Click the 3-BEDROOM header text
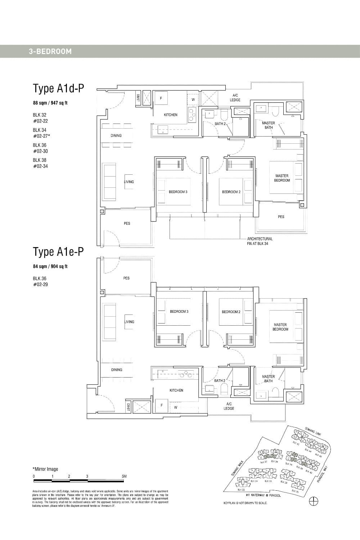pos(50,52)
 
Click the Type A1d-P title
pos(58,88)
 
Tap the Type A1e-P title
pos(58,252)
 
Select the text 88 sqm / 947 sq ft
pos(50,103)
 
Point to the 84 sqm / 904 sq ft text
pos(50,267)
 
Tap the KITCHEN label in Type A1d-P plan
pos(171,115)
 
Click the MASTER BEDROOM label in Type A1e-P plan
pos(280,327)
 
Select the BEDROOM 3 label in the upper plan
pos(178,192)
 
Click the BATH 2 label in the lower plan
pos(220,380)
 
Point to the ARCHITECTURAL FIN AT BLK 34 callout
pos(260,241)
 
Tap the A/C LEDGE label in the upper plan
pos(235,98)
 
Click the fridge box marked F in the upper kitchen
pos(161,98)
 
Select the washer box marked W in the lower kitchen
pos(176,407)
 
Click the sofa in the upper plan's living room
pos(109,182)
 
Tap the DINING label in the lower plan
pos(117,370)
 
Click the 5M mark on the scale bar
pos(124,476)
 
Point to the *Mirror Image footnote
pos(45,469)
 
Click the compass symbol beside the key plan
pos(314,501)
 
